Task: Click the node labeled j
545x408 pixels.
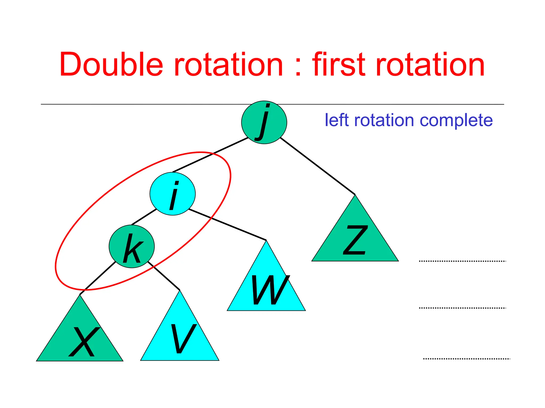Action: click(x=264, y=122)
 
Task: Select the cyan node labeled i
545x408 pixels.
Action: click(x=172, y=194)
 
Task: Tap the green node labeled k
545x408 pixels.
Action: click(x=131, y=246)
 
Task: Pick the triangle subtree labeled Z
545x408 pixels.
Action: click(x=355, y=239)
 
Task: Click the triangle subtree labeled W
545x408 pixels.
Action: click(x=266, y=287)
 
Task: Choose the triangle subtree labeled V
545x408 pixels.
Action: click(x=180, y=337)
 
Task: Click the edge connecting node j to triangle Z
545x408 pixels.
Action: click(x=317, y=166)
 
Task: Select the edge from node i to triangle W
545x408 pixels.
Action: click(x=228, y=225)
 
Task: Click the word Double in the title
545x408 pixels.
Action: click(x=111, y=65)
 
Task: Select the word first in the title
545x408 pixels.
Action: click(x=338, y=65)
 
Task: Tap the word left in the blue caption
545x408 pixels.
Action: click(x=337, y=120)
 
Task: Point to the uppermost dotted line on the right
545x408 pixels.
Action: click(x=462, y=261)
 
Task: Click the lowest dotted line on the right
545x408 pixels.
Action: click(x=466, y=359)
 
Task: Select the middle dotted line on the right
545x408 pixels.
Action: click(x=462, y=308)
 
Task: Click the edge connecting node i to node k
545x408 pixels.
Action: click(x=144, y=217)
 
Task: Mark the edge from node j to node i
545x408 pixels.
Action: click(x=210, y=155)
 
